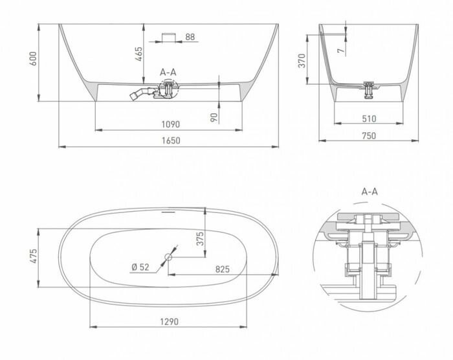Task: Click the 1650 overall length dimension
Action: pos(171,141)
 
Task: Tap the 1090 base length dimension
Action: pos(170,124)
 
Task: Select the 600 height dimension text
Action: pos(34,59)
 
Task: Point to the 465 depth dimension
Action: pos(139,54)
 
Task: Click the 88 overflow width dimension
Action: pos(190,37)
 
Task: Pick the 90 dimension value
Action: pos(214,117)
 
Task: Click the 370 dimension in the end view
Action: pos(302,61)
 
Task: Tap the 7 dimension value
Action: pos(342,51)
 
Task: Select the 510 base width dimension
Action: pos(370,119)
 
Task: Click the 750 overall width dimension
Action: pos(369,135)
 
